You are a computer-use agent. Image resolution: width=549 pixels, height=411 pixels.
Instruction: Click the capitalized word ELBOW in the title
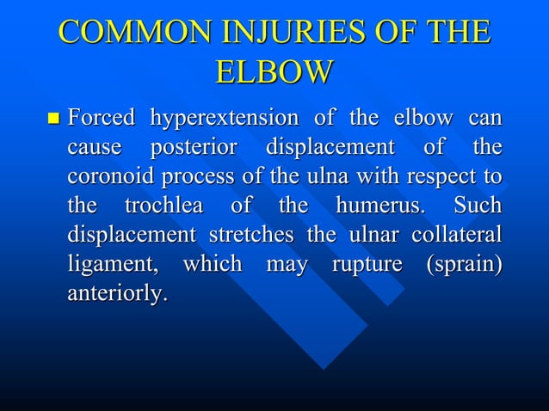(x=274, y=72)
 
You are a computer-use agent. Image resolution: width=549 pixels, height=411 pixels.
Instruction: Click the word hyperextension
(x=224, y=118)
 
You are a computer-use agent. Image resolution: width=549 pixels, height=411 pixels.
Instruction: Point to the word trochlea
(x=164, y=205)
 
